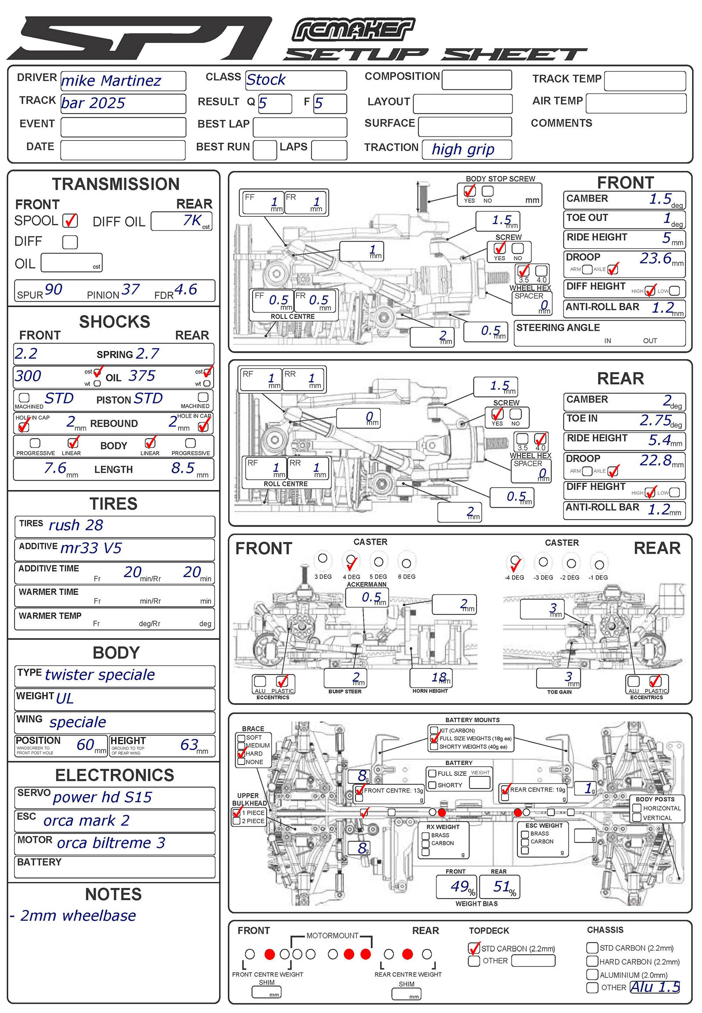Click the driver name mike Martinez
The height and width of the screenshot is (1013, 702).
point(111,81)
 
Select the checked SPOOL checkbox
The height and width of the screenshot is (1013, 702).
point(70,220)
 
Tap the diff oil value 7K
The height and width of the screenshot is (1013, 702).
point(192,220)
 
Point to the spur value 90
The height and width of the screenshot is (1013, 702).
point(53,290)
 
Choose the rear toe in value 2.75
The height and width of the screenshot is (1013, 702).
point(655,420)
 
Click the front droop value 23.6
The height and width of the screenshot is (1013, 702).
point(655,258)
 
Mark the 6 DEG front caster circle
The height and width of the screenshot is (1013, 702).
point(406,563)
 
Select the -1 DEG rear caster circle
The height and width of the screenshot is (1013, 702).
point(598,564)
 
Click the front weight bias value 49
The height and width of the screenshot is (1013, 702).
point(459,886)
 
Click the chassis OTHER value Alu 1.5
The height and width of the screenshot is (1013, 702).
point(655,987)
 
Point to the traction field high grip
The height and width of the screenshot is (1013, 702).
point(463,150)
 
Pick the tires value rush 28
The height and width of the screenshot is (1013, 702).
point(75,525)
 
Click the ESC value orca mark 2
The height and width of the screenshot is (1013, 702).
point(86,820)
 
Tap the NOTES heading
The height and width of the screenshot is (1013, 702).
point(114,894)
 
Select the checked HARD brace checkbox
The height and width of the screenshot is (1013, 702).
point(241,753)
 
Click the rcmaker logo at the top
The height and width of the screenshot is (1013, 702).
point(353,30)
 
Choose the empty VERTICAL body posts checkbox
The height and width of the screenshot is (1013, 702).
point(636,817)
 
